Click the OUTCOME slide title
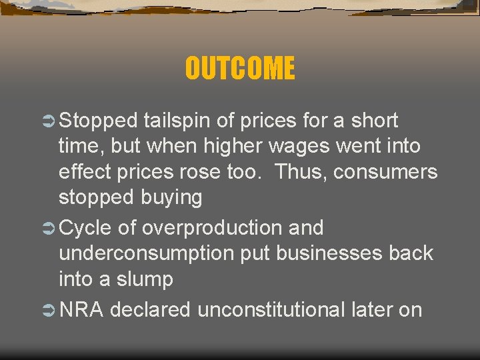pyautogui.click(x=239, y=68)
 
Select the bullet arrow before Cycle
pyautogui.click(x=49, y=229)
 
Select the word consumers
pyautogui.click(x=385, y=172)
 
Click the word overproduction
pyautogui.click(x=210, y=228)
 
